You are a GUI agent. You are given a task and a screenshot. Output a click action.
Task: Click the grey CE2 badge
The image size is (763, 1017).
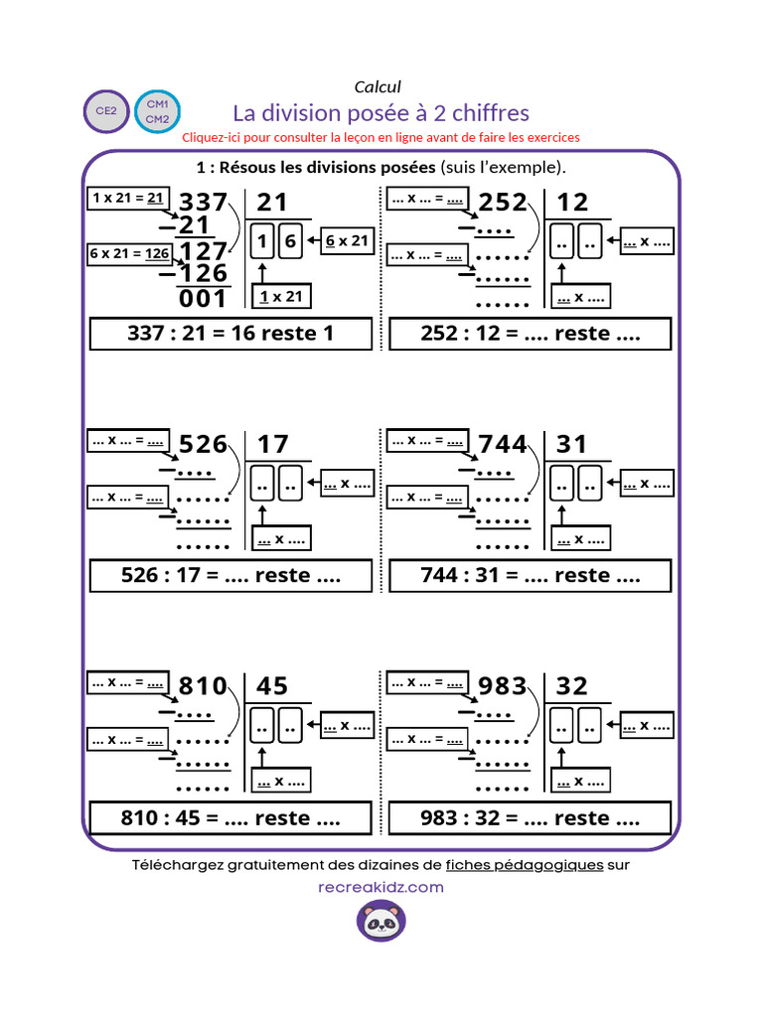(x=106, y=111)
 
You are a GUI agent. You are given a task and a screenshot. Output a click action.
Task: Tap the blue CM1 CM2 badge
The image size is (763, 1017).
(x=158, y=111)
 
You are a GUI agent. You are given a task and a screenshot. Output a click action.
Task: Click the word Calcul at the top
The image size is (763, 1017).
(x=378, y=87)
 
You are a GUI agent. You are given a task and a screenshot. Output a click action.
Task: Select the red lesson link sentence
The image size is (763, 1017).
(x=381, y=137)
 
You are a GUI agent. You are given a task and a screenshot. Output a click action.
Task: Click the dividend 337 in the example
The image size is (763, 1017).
(x=203, y=202)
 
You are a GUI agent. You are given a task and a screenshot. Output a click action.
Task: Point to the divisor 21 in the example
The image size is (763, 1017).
(x=272, y=203)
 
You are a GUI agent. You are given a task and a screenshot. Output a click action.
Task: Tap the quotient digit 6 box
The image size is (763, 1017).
(x=291, y=241)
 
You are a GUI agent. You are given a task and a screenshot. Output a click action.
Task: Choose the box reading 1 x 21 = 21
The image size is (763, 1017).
(x=128, y=198)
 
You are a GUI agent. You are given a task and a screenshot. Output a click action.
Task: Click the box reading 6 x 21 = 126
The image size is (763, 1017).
(x=130, y=253)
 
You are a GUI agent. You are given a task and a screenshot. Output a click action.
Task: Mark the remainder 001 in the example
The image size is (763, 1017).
(x=203, y=299)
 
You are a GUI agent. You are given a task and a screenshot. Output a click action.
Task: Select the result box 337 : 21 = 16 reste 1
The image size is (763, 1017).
(x=230, y=334)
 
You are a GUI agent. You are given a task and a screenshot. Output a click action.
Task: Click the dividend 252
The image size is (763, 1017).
(x=503, y=203)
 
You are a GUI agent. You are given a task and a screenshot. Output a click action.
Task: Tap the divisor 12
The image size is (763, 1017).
(x=572, y=203)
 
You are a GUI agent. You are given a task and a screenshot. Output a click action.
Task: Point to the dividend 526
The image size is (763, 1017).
(x=203, y=444)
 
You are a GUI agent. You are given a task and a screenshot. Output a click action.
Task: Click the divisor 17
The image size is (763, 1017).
(x=272, y=444)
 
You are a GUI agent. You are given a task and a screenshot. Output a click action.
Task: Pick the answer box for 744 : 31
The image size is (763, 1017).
(x=531, y=575)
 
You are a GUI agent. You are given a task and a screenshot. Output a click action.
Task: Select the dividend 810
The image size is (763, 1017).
(x=203, y=686)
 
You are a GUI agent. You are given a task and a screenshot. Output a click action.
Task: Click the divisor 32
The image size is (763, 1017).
(x=572, y=686)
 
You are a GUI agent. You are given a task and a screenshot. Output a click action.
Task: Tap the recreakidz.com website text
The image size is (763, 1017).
(x=381, y=887)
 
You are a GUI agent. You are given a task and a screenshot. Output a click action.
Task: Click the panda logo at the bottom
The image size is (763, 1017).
(x=381, y=921)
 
